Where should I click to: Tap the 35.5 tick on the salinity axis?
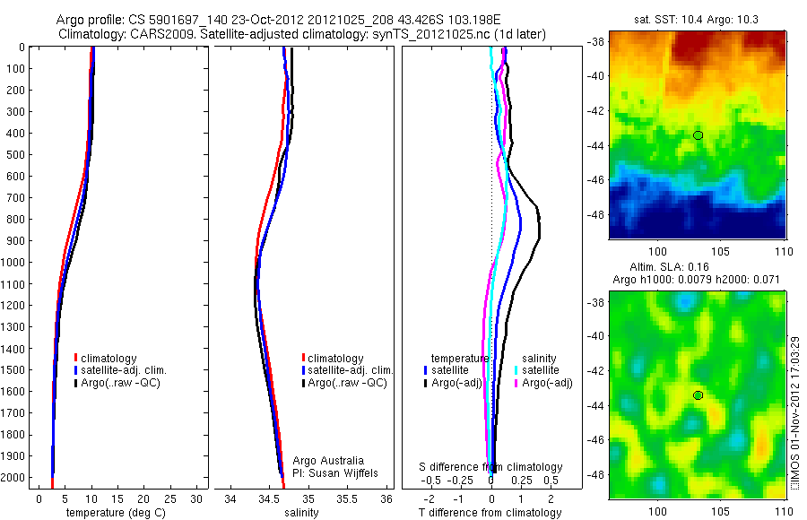point(347,498)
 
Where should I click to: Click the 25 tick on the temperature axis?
point(170,498)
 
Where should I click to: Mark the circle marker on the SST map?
point(698,135)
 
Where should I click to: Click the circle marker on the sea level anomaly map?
point(698,395)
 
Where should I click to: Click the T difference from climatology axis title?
point(490,513)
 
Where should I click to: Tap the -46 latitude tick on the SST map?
point(594,180)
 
